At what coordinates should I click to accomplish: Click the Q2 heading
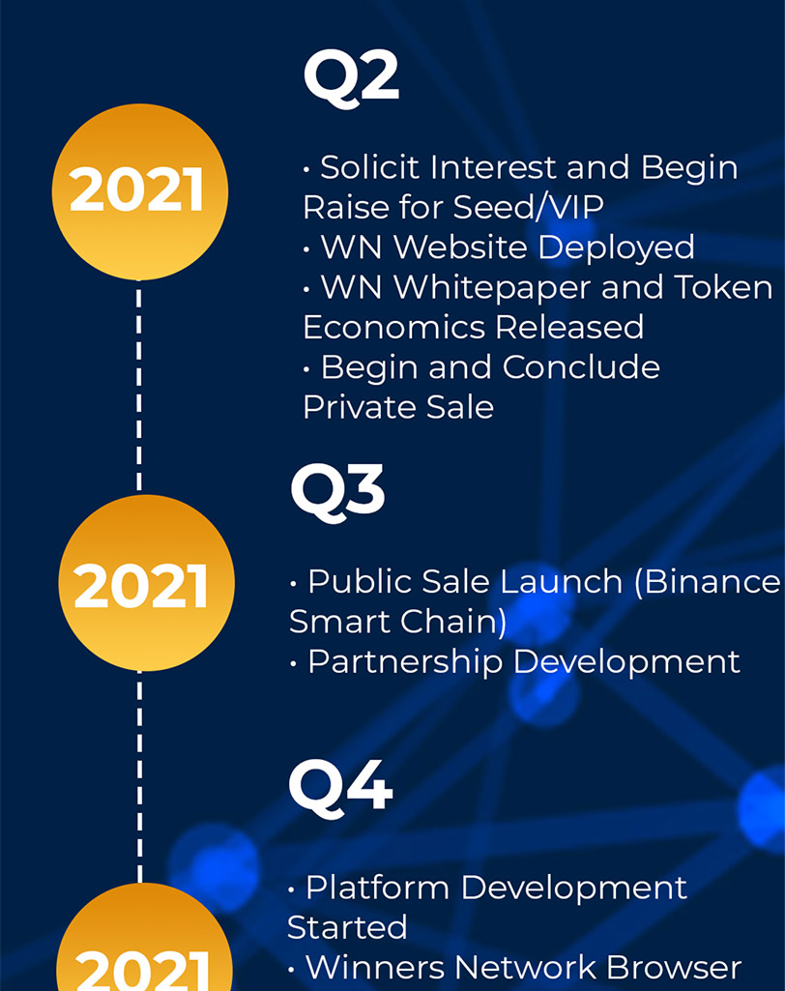(352, 77)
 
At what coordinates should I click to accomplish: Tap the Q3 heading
(337, 493)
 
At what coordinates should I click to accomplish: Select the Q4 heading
(340, 788)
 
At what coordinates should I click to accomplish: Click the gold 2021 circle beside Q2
(139, 191)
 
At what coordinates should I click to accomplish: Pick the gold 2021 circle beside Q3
(146, 583)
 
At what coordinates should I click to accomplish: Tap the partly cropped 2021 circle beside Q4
(144, 937)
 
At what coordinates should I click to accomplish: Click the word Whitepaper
(492, 288)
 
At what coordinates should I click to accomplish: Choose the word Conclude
(581, 367)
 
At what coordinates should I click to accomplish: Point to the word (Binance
(708, 581)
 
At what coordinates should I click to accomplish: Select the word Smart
(338, 622)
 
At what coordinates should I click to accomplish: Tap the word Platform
(377, 888)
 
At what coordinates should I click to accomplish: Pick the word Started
(347, 928)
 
